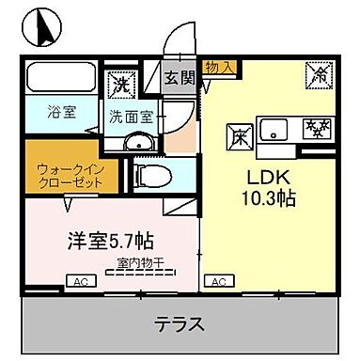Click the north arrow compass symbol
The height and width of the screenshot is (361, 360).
(41, 25)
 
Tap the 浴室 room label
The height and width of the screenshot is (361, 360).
(62, 111)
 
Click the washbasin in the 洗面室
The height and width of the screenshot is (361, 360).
(139, 141)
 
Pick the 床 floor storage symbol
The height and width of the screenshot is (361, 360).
(238, 136)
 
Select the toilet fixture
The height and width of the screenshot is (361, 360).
(152, 175)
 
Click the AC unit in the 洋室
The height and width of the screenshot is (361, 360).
(80, 281)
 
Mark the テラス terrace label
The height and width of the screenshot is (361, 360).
(179, 324)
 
